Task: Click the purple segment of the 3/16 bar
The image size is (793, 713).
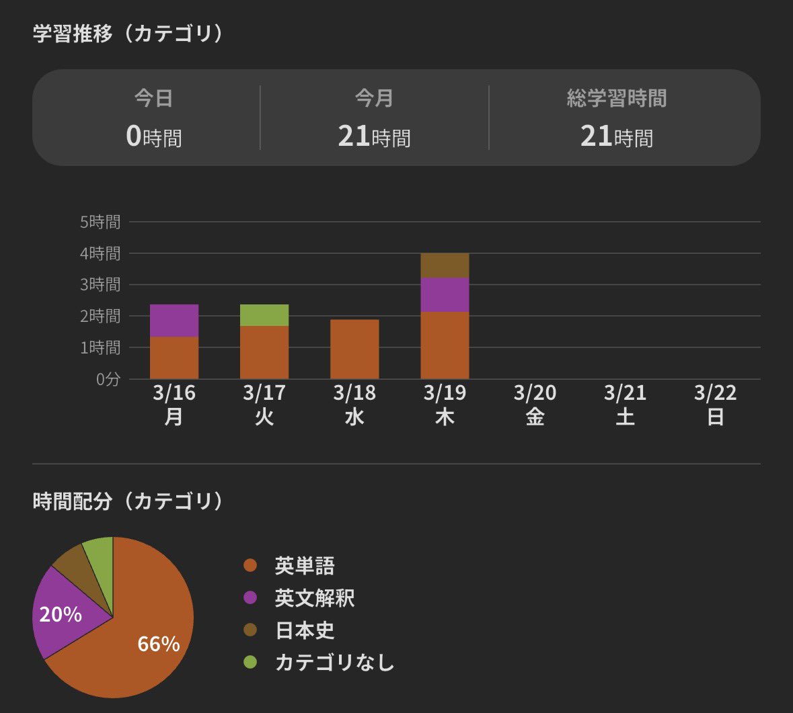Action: coord(174,321)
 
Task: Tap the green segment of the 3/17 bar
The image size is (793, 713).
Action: coord(264,315)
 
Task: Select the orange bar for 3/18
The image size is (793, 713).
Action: coord(354,349)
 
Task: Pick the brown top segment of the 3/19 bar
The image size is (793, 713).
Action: coord(445,265)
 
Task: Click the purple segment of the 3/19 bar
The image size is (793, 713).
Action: coord(445,294)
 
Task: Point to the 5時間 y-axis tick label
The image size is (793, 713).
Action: coord(100,222)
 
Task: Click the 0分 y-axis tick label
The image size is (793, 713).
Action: coord(108,380)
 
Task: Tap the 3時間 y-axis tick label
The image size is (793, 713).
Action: coord(100,285)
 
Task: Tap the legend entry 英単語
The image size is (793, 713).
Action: coord(304,566)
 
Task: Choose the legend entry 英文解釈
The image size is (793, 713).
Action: coord(314,598)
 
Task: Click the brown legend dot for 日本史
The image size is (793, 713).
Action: coord(250,630)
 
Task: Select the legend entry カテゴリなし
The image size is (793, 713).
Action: coord(334,663)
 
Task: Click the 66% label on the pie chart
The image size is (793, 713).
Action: coord(159,644)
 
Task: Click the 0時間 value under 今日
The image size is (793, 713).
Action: coord(154,137)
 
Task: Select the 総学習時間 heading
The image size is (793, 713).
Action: coord(617,99)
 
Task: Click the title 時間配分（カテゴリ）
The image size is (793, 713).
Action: coord(128,501)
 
